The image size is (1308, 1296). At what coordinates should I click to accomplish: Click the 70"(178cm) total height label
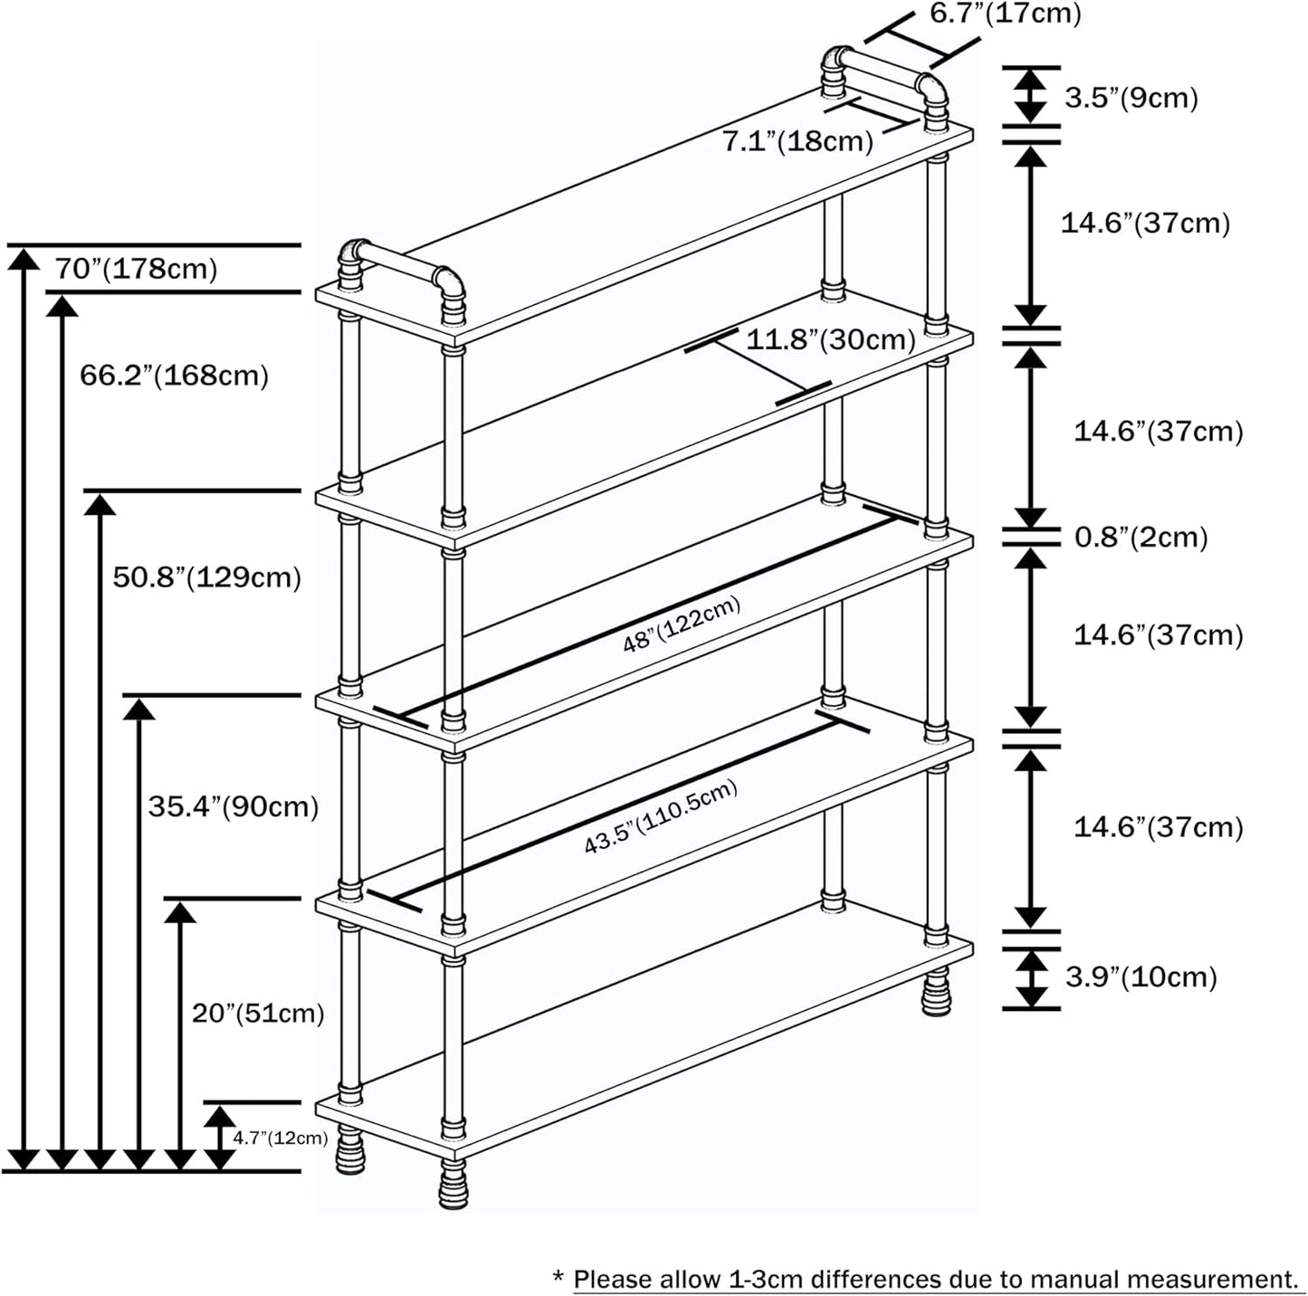point(136,269)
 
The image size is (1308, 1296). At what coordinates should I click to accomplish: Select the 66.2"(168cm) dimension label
point(174,375)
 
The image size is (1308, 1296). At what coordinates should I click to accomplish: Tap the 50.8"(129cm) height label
point(206,577)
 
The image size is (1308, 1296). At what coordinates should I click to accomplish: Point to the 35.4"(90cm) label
point(234,806)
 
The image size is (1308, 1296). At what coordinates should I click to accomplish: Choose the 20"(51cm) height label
point(258,1013)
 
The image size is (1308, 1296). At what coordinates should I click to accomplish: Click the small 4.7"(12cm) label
point(280,1138)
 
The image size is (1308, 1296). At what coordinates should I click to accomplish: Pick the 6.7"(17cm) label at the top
point(1005,14)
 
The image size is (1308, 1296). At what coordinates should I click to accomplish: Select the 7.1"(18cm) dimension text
point(797,142)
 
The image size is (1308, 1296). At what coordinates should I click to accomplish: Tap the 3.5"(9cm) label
point(1131,98)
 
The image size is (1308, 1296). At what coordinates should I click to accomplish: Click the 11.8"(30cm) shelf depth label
point(830,340)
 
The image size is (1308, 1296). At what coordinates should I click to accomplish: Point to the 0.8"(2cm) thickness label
point(1141,538)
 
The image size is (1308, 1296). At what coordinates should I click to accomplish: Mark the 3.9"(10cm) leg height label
point(1141,977)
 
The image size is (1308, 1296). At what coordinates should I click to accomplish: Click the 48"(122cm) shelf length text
point(682,624)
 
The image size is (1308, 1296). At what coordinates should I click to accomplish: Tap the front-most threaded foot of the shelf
point(454,1186)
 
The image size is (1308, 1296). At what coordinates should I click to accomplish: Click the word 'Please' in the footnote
point(613,1280)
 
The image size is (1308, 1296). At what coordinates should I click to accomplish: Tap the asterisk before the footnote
point(558,1277)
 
